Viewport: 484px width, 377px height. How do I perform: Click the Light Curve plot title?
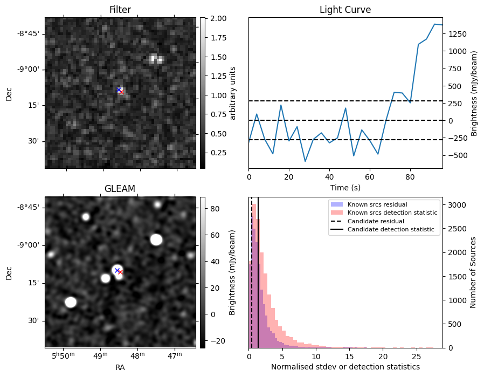coord(345,10)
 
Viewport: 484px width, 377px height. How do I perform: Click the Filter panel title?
coord(120,10)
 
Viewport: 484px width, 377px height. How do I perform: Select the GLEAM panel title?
coord(120,188)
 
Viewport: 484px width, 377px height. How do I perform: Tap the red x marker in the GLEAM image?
coord(120,272)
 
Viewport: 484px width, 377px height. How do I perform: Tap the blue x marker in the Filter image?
coord(119,90)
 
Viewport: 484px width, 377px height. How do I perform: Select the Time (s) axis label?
coord(345,187)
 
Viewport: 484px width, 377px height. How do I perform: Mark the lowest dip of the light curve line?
coord(305,161)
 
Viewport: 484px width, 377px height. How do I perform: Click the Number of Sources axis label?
coord(473,273)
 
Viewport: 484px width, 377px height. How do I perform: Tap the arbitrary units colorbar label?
coord(233,93)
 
